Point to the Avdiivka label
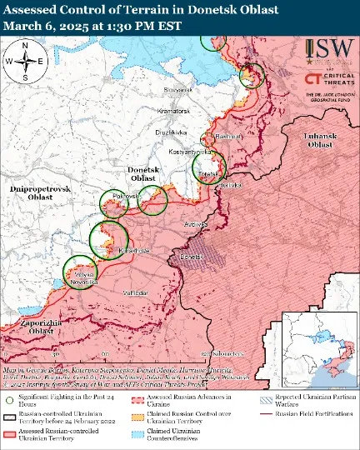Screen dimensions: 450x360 195,224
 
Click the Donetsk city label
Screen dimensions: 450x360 191,257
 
